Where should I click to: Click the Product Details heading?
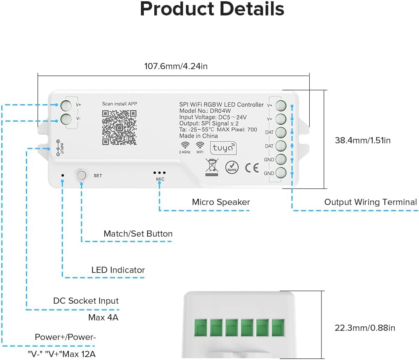(x=212, y=9)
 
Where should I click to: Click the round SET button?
(x=81, y=175)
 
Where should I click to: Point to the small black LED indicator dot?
(x=63, y=175)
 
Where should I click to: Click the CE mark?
(x=252, y=167)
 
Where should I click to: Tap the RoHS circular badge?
(x=232, y=167)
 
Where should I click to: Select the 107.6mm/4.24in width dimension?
(x=176, y=66)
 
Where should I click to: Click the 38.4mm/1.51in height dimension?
(x=363, y=140)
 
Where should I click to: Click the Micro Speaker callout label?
(x=221, y=202)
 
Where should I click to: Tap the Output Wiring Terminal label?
(x=370, y=202)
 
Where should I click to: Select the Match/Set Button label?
(x=138, y=234)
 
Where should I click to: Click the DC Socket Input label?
(x=86, y=301)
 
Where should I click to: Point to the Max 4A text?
(x=103, y=318)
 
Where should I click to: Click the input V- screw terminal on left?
(x=65, y=119)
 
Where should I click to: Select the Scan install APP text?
(x=120, y=104)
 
